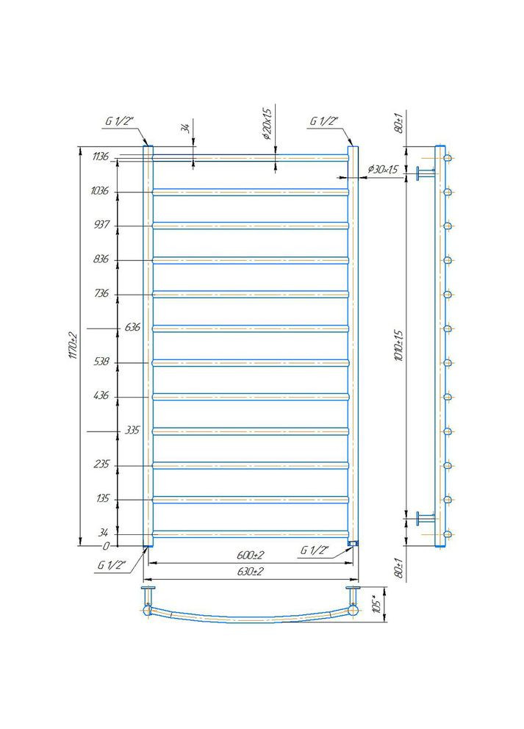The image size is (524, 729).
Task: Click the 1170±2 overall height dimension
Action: point(72,345)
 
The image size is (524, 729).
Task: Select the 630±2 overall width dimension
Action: point(250,572)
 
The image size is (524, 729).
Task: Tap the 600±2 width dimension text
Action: point(250,555)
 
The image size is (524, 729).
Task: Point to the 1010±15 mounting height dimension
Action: point(399,346)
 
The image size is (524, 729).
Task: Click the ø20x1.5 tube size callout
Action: point(266,124)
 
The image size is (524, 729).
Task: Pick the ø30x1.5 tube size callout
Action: point(383,170)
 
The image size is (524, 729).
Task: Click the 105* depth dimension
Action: point(378,604)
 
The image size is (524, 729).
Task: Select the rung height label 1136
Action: point(101,157)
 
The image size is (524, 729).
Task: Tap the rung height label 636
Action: point(132,327)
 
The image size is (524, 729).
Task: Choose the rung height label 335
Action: point(132,430)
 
